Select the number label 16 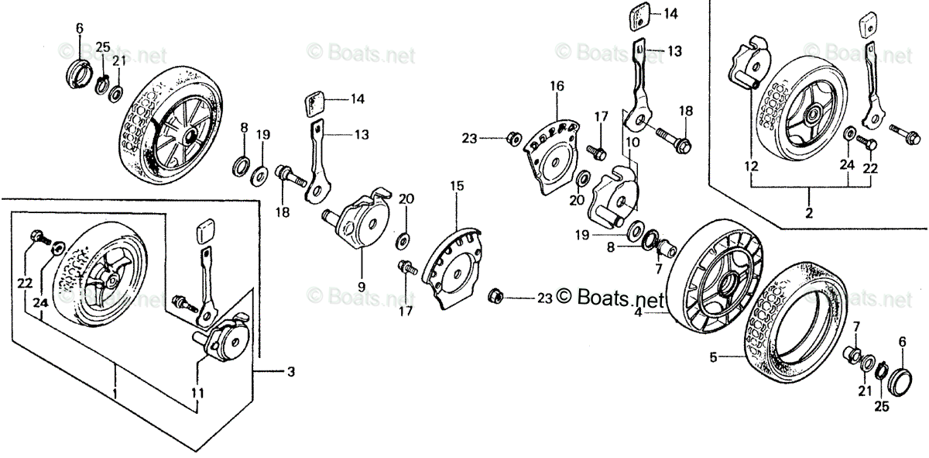(557, 85)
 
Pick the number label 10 (632, 143)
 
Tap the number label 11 (198, 393)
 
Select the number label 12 (749, 165)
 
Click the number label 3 (290, 373)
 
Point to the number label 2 (808, 213)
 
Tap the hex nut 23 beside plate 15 (496, 297)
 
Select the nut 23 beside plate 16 (511, 139)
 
